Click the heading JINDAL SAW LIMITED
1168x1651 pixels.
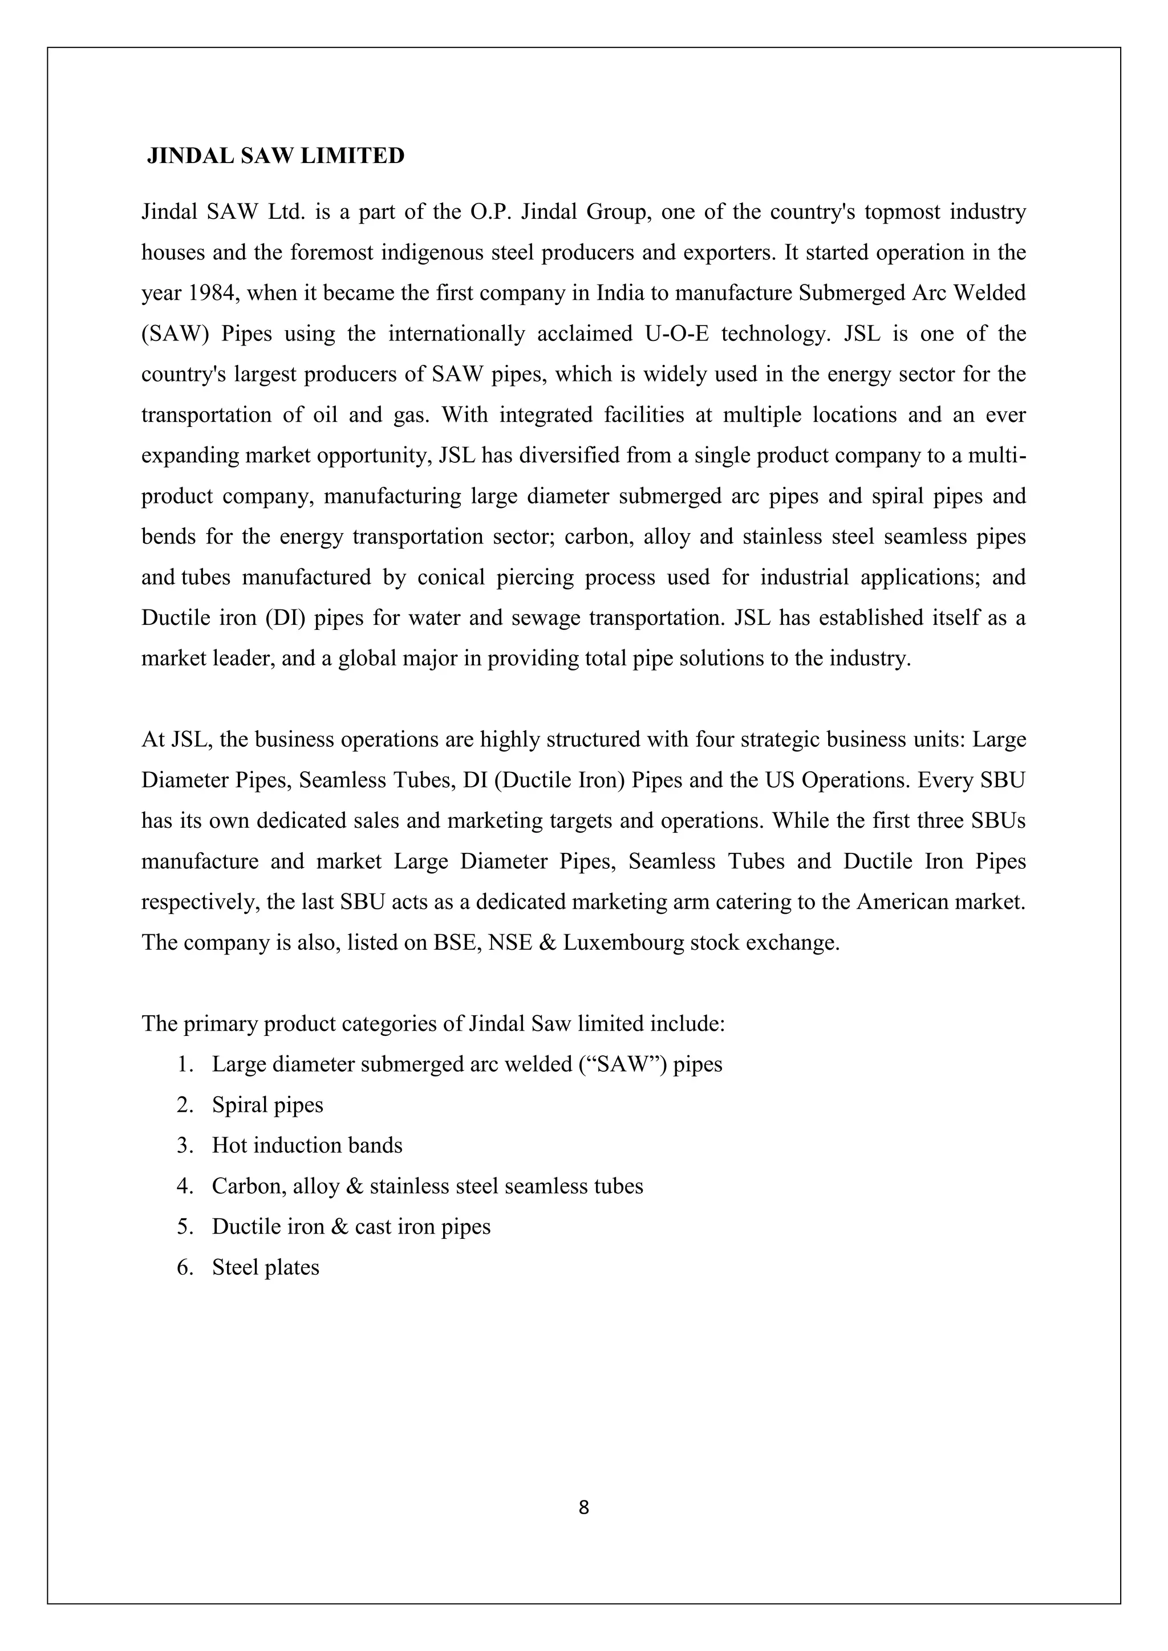click(x=275, y=156)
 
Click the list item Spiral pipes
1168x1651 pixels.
click(x=267, y=1105)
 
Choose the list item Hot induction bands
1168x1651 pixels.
click(x=307, y=1145)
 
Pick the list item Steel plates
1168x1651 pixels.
click(x=265, y=1267)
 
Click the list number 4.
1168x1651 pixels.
click(x=184, y=1186)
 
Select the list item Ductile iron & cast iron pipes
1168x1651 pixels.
click(x=351, y=1227)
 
